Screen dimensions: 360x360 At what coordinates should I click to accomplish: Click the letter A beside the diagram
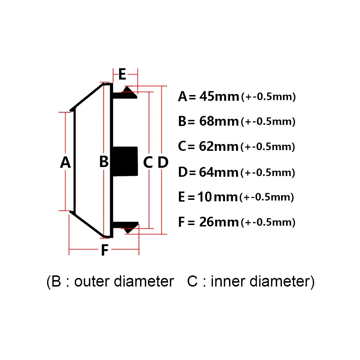(66, 162)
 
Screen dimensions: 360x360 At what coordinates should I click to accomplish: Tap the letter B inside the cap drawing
(104, 161)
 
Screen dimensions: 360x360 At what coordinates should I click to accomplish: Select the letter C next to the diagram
(148, 162)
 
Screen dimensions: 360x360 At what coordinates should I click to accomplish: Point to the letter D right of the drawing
(163, 162)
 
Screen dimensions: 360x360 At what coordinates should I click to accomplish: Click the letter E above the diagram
(122, 74)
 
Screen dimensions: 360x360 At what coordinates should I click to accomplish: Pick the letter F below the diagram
(105, 250)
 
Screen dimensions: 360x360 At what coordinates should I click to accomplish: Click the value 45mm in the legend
(219, 96)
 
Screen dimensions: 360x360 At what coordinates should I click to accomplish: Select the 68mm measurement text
(219, 121)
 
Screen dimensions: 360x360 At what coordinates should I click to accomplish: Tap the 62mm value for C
(219, 147)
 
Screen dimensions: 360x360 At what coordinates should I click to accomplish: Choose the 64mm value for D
(219, 172)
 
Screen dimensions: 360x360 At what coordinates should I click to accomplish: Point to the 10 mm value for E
(217, 197)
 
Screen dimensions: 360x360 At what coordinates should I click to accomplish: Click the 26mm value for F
(219, 222)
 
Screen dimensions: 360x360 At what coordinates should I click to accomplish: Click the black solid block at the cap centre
(125, 161)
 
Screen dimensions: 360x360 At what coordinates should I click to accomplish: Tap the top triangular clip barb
(129, 91)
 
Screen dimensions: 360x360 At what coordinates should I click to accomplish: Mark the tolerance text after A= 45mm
(269, 97)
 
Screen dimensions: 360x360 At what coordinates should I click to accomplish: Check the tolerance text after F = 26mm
(268, 222)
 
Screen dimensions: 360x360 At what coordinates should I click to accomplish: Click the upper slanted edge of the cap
(87, 96)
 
